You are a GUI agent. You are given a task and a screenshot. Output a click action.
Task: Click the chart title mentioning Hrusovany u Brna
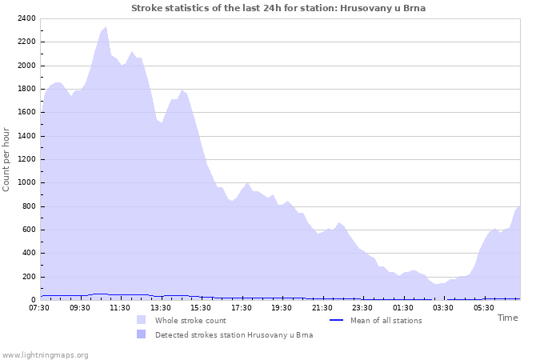pyautogui.click(x=278, y=8)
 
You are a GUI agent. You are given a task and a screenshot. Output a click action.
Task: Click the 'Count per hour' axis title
pyautogui.click(x=7, y=158)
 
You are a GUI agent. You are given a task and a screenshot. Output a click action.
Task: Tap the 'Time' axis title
pyautogui.click(x=507, y=318)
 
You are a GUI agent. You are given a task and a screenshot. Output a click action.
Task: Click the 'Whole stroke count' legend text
pyautogui.click(x=190, y=321)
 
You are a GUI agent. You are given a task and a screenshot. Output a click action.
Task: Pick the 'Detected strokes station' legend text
pyautogui.click(x=234, y=335)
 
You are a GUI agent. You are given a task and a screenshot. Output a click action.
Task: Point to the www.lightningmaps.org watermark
pyautogui.click(x=45, y=354)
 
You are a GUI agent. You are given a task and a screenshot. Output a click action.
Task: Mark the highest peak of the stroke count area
pyautogui.click(x=106, y=27)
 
